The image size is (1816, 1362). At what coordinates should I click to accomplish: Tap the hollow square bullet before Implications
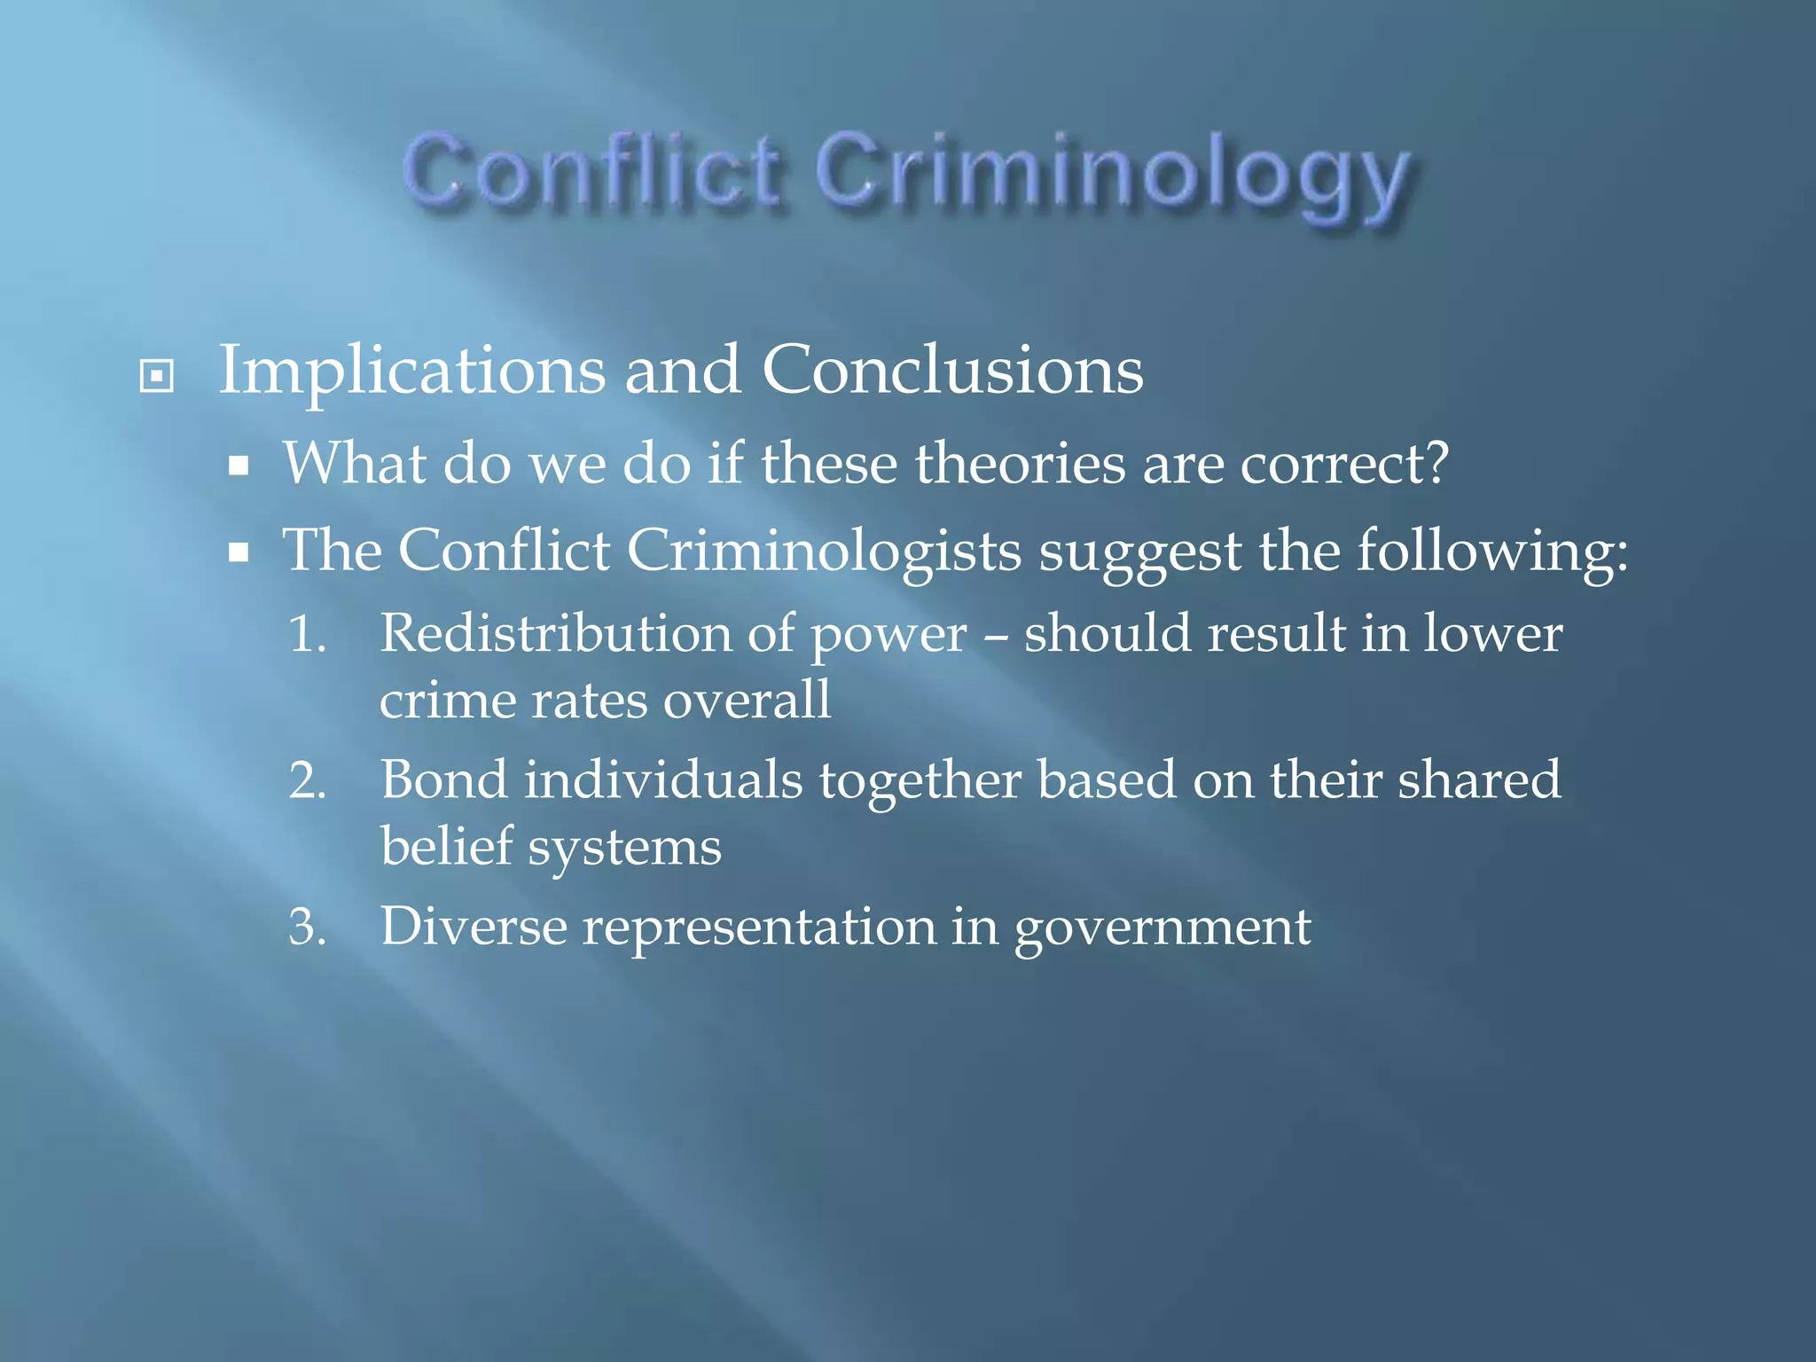click(x=157, y=376)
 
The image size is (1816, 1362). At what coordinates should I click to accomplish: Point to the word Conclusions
click(x=952, y=371)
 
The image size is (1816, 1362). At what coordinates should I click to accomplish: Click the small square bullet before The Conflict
click(x=238, y=554)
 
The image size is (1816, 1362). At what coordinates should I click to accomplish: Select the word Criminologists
click(x=824, y=552)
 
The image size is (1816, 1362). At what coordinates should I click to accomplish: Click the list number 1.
click(x=307, y=635)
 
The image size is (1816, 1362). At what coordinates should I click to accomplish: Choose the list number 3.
click(x=307, y=928)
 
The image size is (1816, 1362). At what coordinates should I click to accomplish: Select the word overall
click(x=747, y=701)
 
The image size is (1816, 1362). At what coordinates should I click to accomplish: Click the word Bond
click(x=443, y=780)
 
